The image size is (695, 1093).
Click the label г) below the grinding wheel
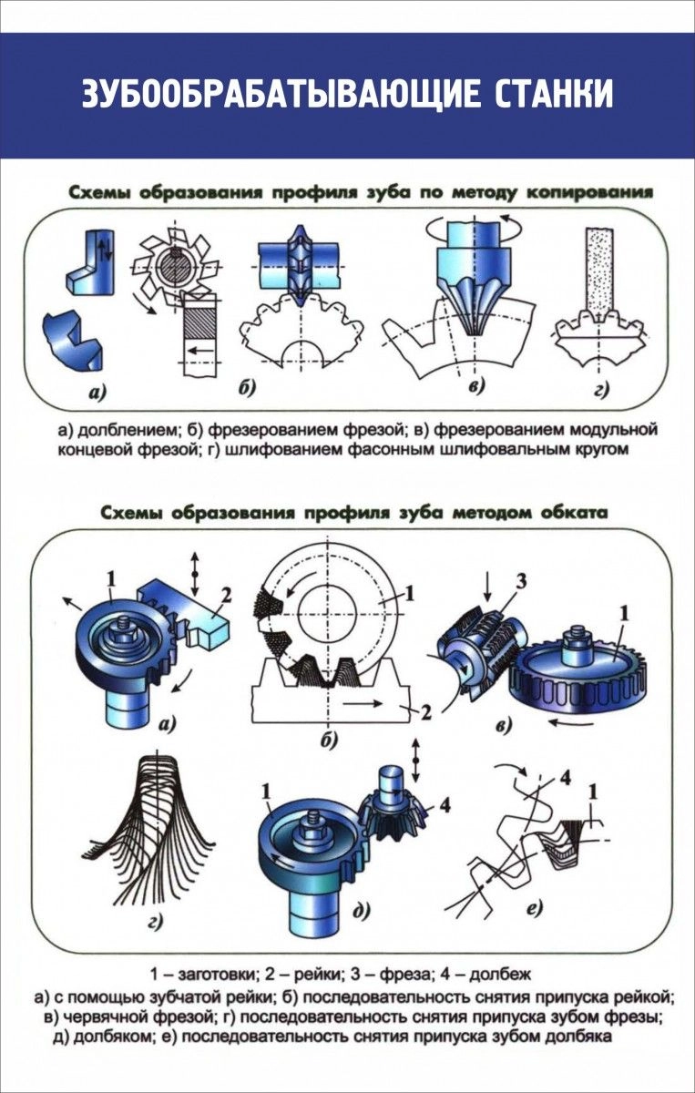[599, 389]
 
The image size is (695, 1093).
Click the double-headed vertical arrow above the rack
[192, 568]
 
